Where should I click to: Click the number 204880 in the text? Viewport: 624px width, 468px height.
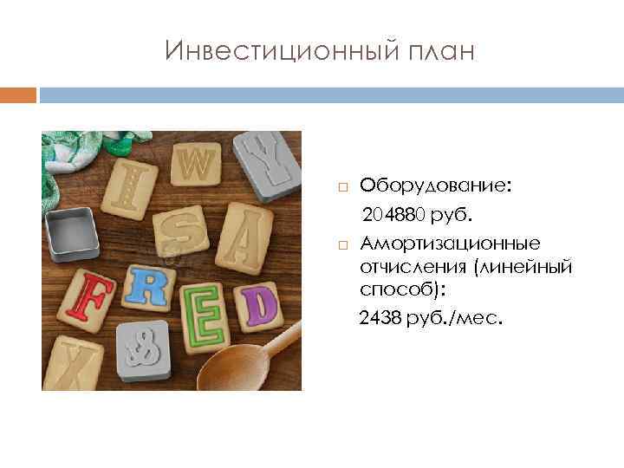tap(399, 214)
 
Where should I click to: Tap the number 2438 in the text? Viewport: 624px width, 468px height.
tap(381, 319)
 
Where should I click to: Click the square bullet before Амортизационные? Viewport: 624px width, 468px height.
tap(342, 244)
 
